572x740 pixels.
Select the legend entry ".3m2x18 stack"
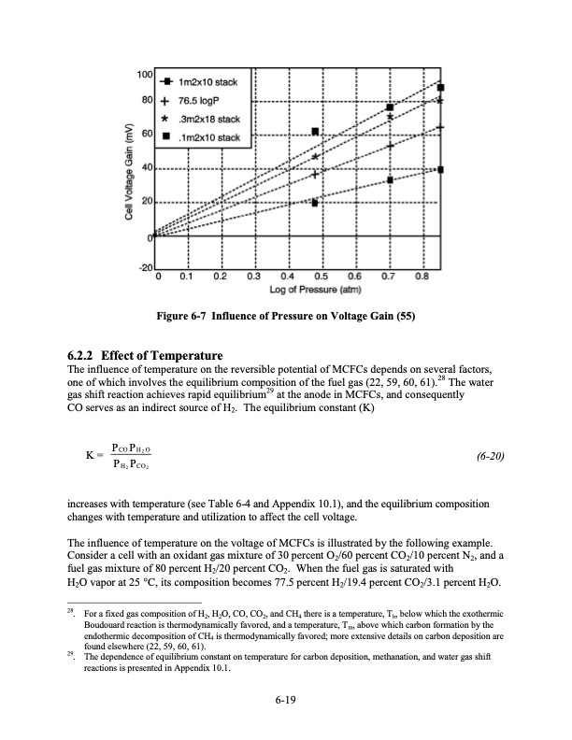209,121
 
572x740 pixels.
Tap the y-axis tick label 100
145,74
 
